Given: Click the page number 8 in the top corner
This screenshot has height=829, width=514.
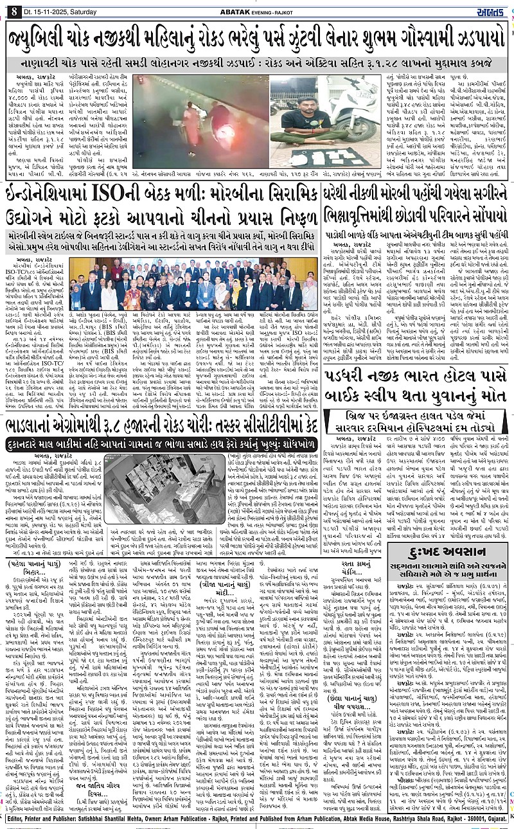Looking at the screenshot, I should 13,10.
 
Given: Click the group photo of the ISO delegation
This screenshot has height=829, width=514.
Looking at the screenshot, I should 193,285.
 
